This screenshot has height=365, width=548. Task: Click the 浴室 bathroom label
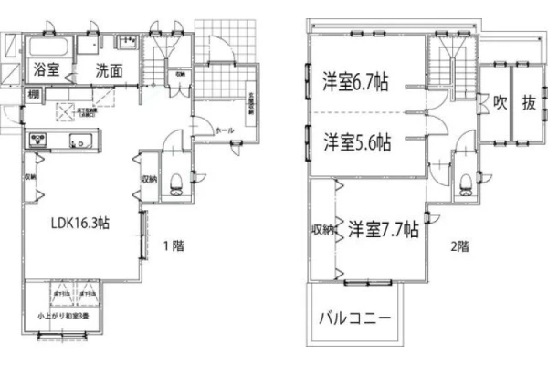[x=47, y=68]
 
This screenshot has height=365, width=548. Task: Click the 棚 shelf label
[x=33, y=93]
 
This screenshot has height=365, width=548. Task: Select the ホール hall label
[x=224, y=130]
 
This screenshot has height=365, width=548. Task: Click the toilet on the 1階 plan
[x=174, y=182]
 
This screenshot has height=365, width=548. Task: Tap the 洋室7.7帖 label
[x=384, y=228]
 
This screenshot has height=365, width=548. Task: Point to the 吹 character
[x=501, y=102]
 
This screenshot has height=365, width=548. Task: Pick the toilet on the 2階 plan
[x=466, y=182]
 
